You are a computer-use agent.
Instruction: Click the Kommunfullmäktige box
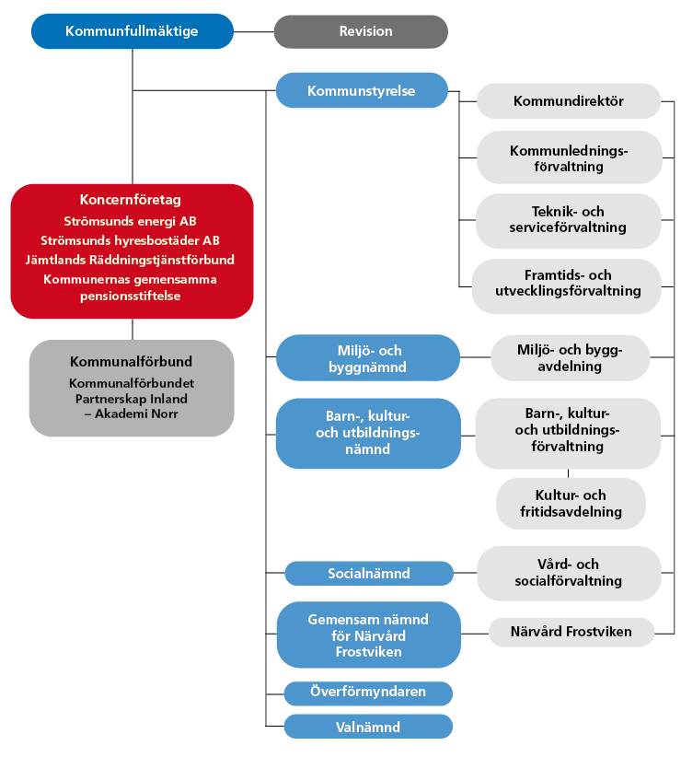click(132, 31)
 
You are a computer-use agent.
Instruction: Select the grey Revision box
click(361, 31)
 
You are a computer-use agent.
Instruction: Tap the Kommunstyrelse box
click(361, 91)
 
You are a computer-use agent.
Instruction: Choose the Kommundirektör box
click(568, 101)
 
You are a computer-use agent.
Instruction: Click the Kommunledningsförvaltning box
click(569, 157)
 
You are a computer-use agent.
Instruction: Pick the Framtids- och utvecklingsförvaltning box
click(567, 283)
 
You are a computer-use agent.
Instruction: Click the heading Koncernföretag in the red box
click(131, 200)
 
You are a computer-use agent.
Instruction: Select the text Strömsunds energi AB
click(131, 221)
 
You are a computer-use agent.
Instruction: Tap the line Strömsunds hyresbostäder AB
click(131, 240)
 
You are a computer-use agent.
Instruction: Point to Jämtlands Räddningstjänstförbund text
click(131, 260)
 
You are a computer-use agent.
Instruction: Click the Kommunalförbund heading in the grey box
click(131, 362)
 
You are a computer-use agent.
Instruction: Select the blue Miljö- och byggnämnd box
click(367, 358)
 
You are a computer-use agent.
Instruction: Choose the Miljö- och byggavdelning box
click(570, 358)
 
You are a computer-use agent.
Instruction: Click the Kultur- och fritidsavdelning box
click(571, 503)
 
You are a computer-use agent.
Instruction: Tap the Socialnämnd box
click(368, 574)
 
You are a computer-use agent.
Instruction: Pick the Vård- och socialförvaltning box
click(568, 573)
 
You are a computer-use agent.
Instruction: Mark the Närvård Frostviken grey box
click(571, 632)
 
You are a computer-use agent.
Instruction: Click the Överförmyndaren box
click(367, 693)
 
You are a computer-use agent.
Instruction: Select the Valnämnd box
click(367, 727)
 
